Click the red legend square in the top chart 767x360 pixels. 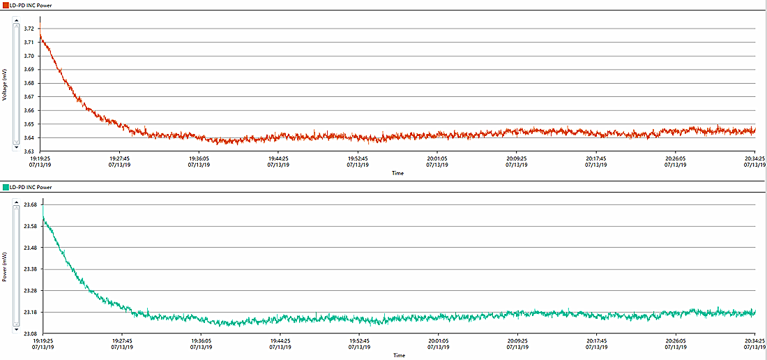click(5, 5)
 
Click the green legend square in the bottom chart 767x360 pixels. click(5, 187)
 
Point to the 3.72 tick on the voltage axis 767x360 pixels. click(29, 29)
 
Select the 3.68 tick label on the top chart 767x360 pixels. click(29, 83)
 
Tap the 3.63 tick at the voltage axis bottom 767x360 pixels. click(29, 151)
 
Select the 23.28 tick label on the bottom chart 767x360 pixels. click(31, 290)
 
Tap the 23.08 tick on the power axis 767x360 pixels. click(31, 333)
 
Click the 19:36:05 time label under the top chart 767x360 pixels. click(199, 158)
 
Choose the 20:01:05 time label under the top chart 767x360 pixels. click(437, 158)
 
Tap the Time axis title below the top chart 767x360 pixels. click(397, 173)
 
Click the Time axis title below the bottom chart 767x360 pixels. click(398, 355)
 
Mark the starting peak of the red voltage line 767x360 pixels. click(40, 36)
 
